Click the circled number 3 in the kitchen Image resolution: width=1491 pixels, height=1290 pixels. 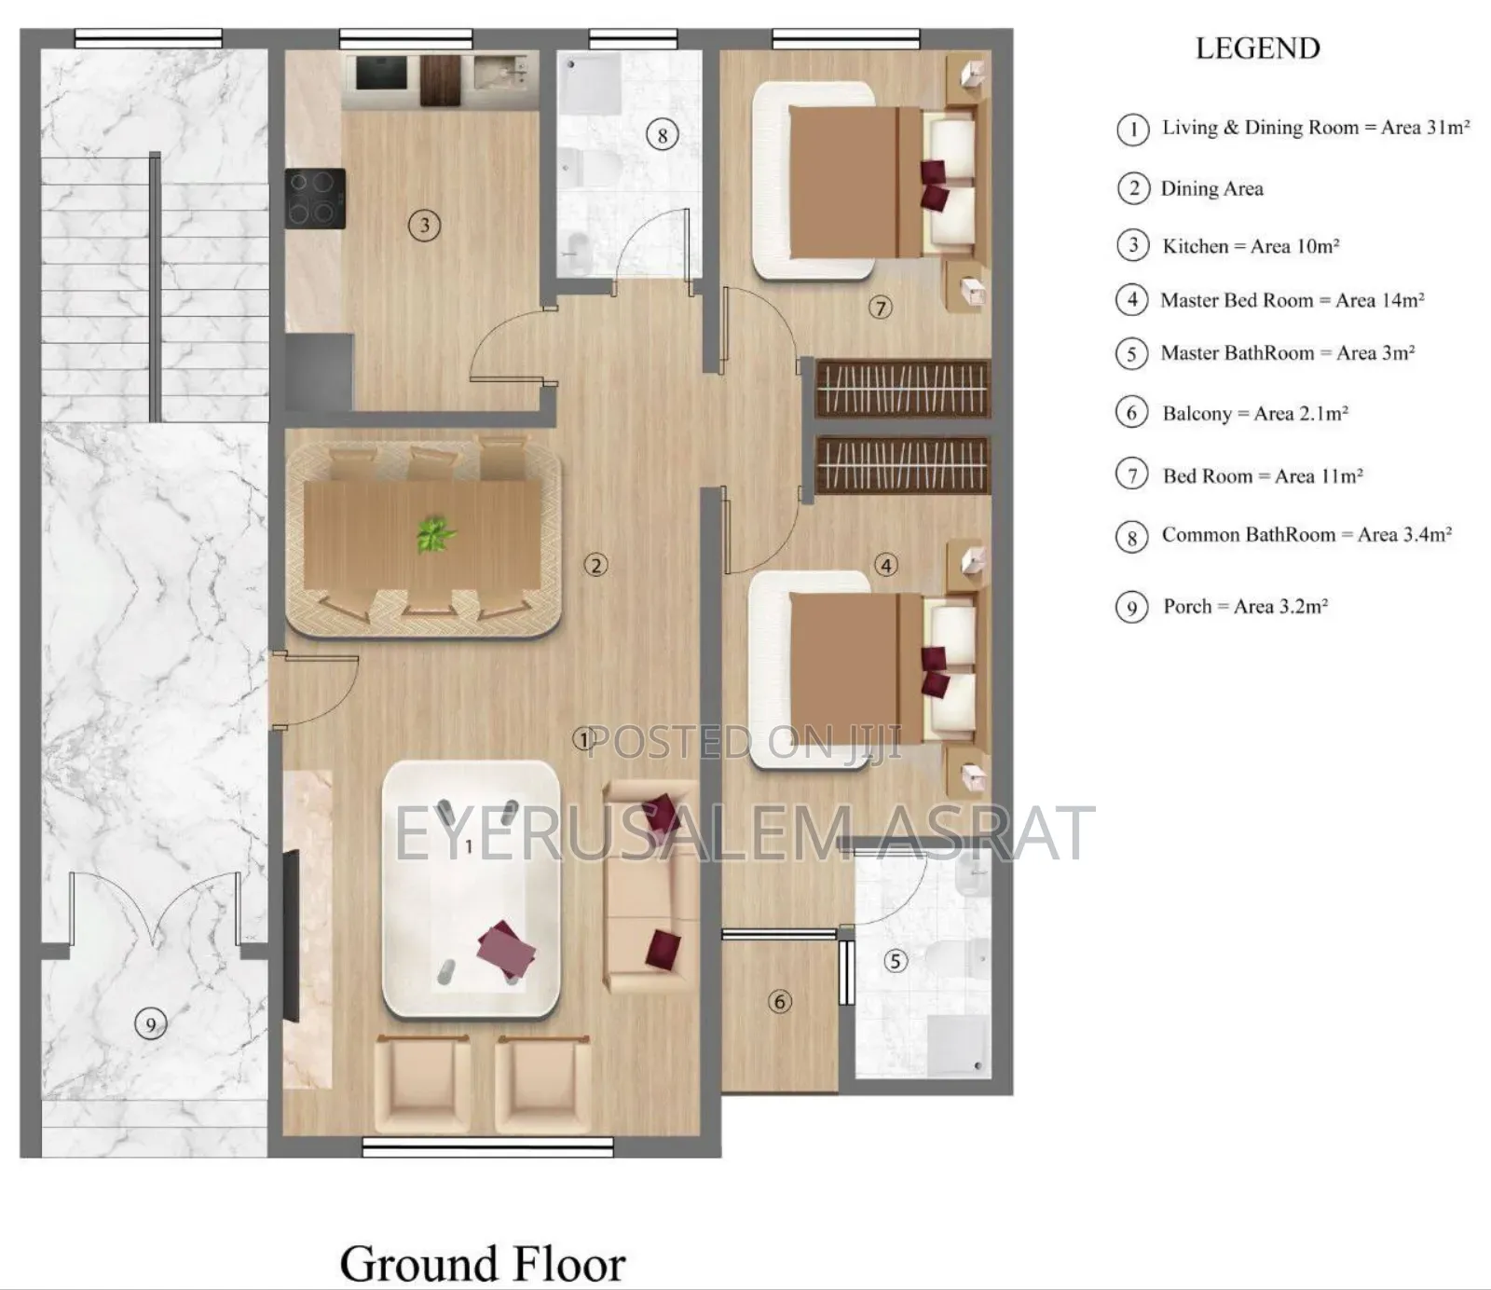click(425, 225)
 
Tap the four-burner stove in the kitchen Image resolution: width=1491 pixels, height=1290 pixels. click(315, 198)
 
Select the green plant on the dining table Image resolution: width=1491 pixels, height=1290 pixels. click(434, 534)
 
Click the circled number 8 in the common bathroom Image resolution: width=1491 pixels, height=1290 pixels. click(662, 135)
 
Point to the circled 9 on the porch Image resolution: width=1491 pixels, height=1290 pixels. click(151, 1025)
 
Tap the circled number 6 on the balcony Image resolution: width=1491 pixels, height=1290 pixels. click(780, 1002)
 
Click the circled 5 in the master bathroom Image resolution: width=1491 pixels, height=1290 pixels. click(895, 960)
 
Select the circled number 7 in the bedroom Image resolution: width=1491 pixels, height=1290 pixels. click(881, 307)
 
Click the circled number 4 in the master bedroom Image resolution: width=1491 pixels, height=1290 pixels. click(886, 565)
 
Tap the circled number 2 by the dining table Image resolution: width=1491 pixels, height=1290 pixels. click(595, 564)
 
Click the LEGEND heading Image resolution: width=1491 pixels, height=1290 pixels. click(1257, 48)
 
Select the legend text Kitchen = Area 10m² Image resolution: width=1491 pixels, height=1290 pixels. click(1250, 246)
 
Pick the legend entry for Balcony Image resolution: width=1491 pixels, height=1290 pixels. click(1254, 413)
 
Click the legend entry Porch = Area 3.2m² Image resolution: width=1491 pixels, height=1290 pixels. click(1244, 607)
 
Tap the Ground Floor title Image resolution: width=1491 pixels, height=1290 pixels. click(482, 1264)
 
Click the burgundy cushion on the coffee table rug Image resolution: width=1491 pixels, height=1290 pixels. click(506, 948)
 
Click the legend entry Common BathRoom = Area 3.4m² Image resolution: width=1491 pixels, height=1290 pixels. click(1306, 535)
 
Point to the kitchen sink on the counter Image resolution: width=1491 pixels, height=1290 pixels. click(504, 74)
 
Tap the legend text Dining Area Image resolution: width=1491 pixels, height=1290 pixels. click(1211, 188)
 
